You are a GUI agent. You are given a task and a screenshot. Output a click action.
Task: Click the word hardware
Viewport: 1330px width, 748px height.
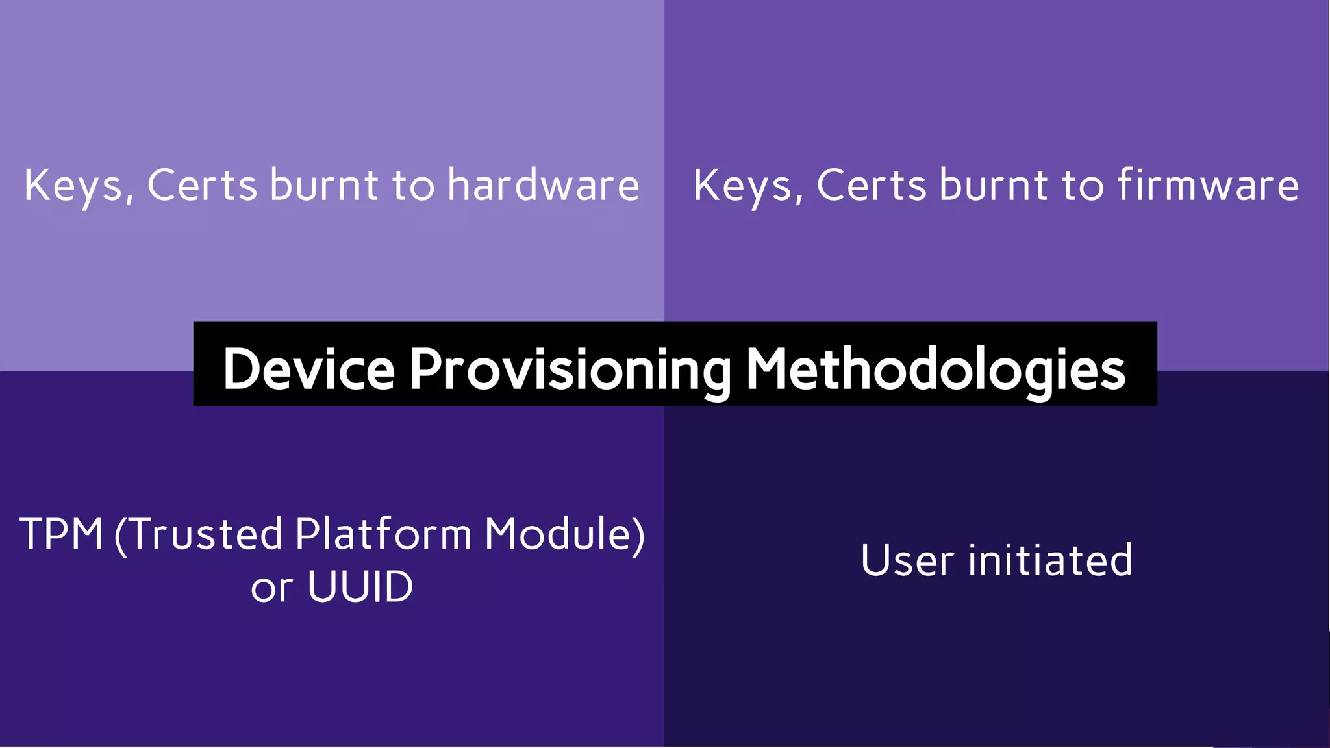(543, 186)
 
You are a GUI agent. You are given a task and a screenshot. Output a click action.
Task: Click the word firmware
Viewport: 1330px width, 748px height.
(1208, 186)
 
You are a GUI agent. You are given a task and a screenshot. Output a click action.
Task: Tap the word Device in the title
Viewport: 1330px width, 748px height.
(308, 369)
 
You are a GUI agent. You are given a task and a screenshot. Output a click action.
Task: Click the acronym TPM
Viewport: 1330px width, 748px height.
(61, 534)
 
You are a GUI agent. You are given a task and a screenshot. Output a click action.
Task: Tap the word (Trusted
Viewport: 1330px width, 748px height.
(199, 534)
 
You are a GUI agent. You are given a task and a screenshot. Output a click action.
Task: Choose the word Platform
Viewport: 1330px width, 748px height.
(383, 534)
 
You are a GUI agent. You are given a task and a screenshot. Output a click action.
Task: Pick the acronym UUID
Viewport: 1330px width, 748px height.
(360, 587)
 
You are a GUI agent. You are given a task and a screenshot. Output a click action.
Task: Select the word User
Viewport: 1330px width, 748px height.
(907, 560)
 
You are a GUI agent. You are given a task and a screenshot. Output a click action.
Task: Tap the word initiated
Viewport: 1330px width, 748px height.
(1050, 560)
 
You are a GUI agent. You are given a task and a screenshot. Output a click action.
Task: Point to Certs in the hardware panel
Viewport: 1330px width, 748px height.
(202, 186)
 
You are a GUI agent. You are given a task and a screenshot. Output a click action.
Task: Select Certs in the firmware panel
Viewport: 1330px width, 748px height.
(872, 186)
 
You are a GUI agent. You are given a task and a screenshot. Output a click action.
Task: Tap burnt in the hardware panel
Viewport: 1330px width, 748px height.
(323, 186)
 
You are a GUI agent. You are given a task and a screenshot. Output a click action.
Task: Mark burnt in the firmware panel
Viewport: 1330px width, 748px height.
(993, 186)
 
